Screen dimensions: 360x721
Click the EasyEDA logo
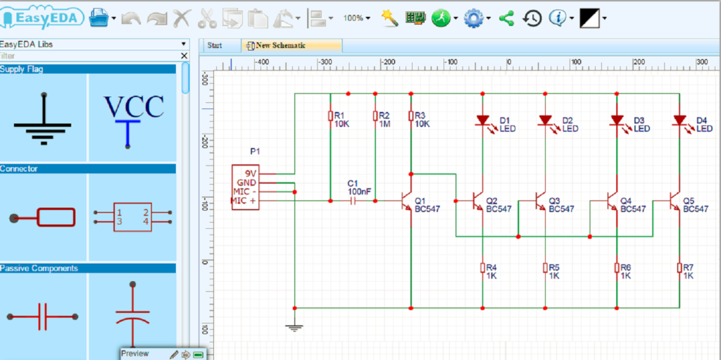coord(43,17)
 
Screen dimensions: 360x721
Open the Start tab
coord(215,46)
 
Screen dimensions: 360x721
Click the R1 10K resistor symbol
coord(330,116)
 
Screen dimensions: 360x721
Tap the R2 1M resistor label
coord(384,120)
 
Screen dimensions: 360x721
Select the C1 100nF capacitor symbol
coord(353,201)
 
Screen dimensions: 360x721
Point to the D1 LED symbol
coord(483,120)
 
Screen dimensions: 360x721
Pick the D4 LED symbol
coord(679,120)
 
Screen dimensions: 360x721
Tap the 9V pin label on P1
coord(250,173)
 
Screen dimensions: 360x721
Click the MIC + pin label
coord(244,201)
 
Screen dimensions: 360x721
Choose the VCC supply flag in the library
coord(134,116)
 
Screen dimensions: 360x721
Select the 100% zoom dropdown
coord(357,18)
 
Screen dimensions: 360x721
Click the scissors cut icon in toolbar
coord(207,18)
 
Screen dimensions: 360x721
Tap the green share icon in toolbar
coord(506,18)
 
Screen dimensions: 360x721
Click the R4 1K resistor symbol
coord(482,268)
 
